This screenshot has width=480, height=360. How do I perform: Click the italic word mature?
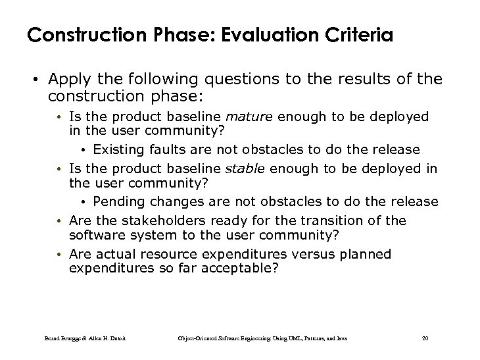pos(249,116)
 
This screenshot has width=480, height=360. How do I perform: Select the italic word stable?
pos(246,168)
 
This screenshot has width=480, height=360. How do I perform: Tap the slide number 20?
pos(425,338)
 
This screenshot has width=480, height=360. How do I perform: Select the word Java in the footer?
pos(341,338)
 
